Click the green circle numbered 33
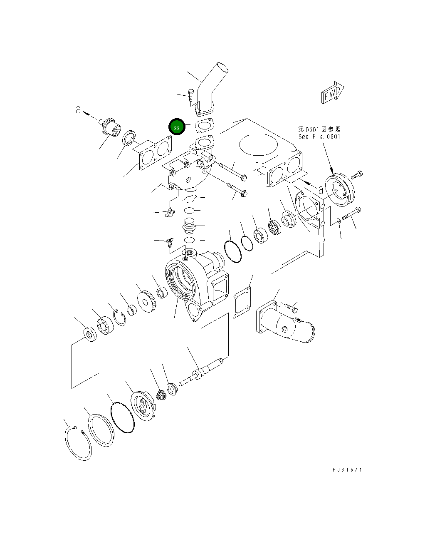click(177, 128)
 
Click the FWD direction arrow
click(333, 92)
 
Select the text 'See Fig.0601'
click(319, 137)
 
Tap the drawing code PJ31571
click(347, 469)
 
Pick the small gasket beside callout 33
click(205, 126)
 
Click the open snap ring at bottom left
click(78, 444)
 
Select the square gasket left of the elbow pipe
click(242, 303)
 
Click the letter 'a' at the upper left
click(78, 110)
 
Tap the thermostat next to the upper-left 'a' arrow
click(112, 127)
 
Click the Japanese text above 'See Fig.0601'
click(319, 129)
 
